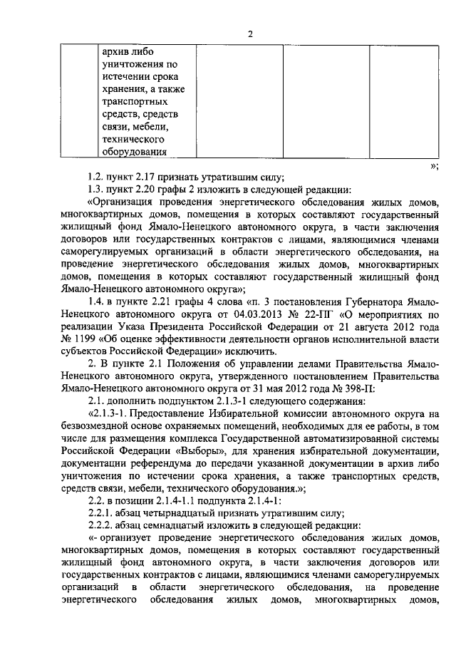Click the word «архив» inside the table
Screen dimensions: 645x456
[x=117, y=53]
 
